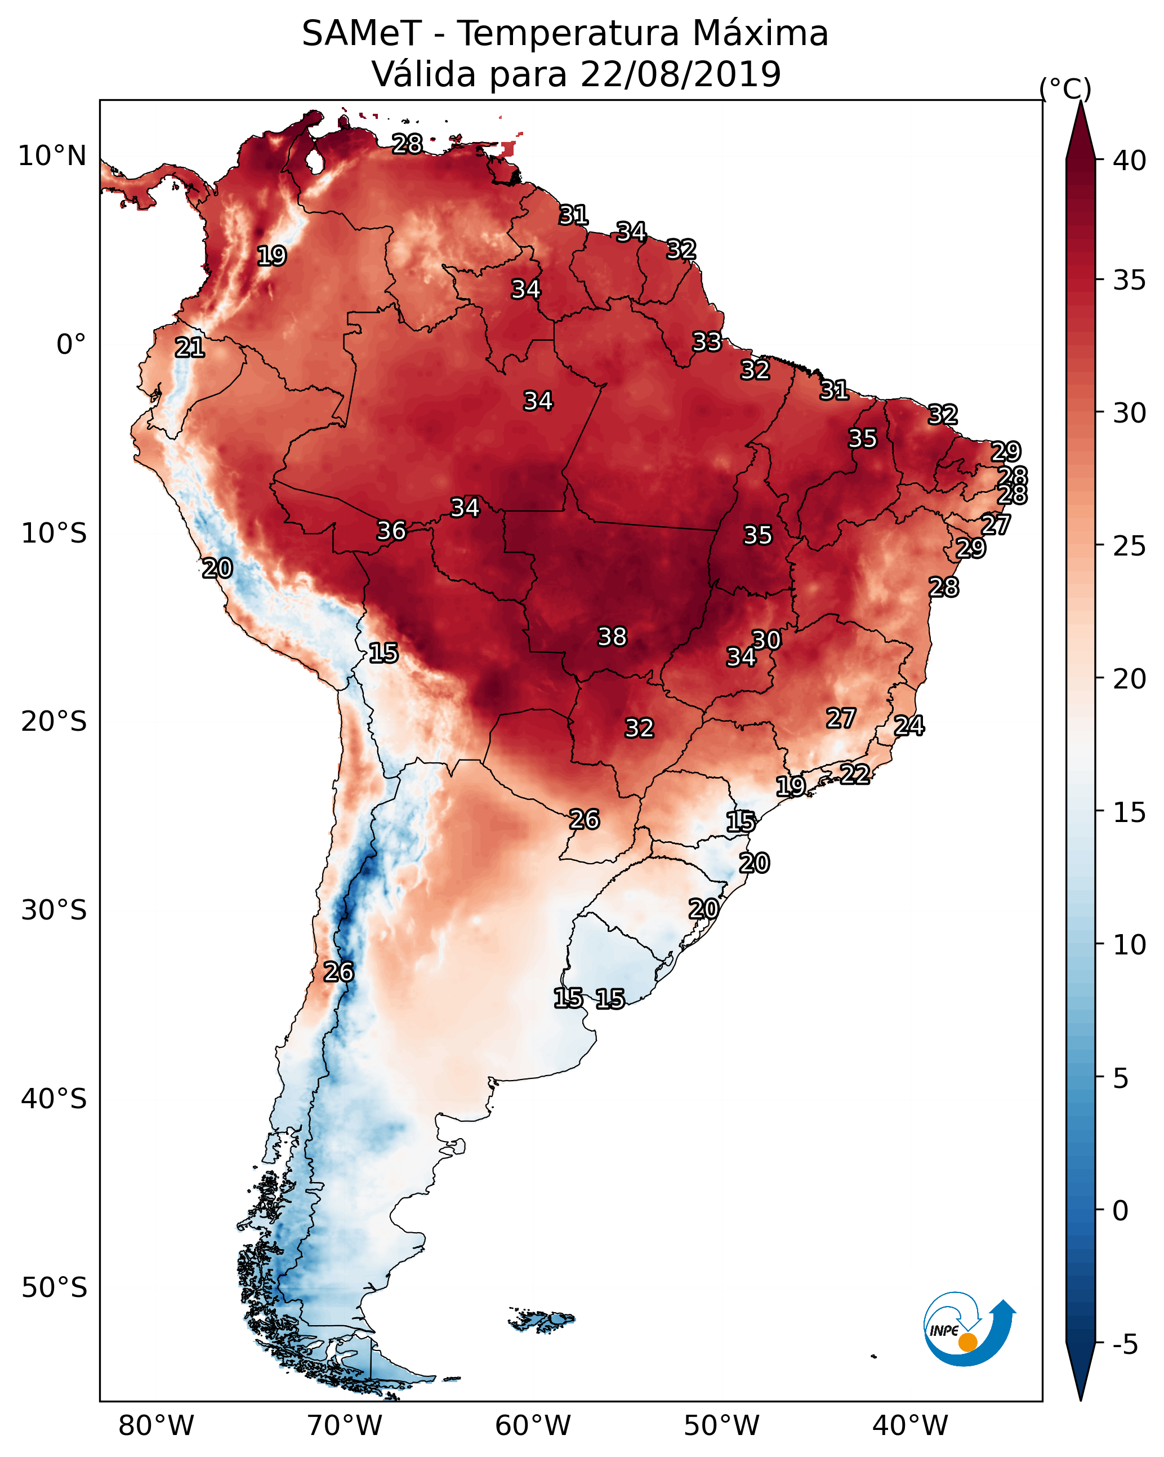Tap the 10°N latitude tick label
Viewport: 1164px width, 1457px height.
[x=52, y=156]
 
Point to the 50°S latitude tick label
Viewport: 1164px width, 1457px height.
[x=54, y=1287]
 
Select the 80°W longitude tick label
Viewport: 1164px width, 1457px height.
[x=156, y=1425]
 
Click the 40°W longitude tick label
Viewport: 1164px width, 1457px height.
[x=910, y=1425]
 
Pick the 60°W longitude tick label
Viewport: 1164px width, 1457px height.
[x=533, y=1425]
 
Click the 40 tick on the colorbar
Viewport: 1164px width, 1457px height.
[x=1130, y=161]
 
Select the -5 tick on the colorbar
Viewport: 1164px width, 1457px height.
[x=1125, y=1345]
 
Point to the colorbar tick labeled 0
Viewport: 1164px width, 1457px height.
[x=1120, y=1211]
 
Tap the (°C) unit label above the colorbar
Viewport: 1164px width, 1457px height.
[x=1065, y=88]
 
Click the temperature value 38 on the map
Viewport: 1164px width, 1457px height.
[x=612, y=637]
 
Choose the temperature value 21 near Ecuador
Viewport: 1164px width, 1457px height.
[x=190, y=348]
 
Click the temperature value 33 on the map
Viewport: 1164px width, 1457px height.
[x=707, y=342]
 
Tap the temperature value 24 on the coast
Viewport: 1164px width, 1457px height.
[x=909, y=726]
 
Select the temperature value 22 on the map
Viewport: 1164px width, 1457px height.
[x=855, y=774]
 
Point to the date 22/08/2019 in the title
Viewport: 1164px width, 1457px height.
[x=680, y=74]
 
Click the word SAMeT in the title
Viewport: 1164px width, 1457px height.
[x=362, y=34]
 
